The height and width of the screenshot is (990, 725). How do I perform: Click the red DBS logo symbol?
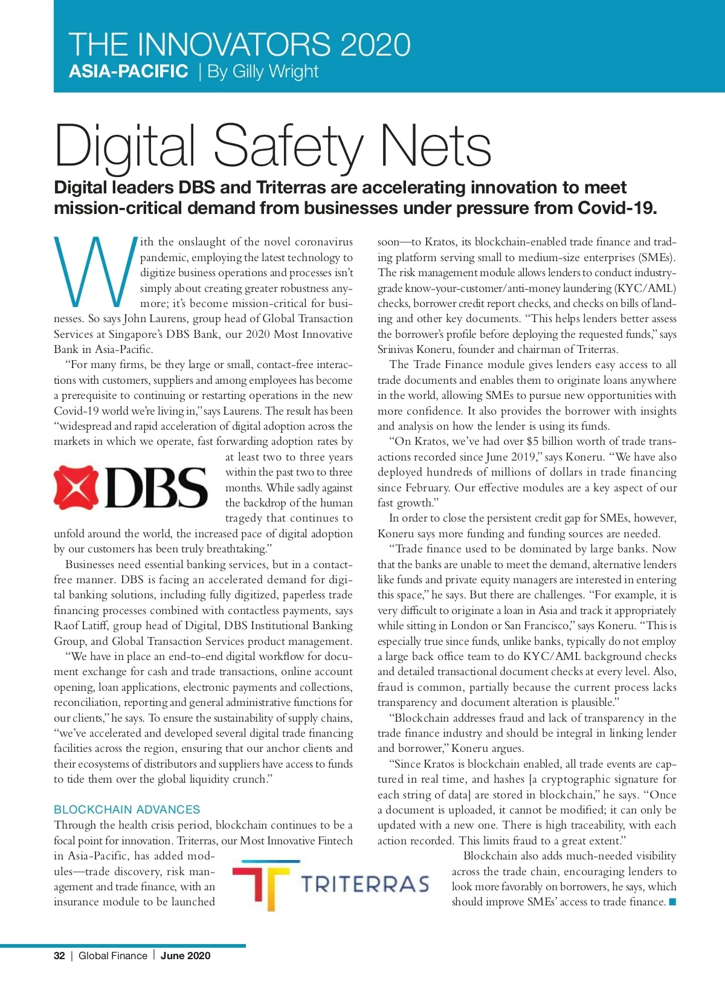click(x=76, y=487)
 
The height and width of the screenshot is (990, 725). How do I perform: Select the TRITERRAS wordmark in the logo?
click(x=366, y=885)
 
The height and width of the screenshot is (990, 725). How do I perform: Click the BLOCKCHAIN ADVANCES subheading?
click(x=127, y=809)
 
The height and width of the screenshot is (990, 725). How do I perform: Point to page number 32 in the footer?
click(x=59, y=956)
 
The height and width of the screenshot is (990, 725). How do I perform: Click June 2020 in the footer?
click(x=185, y=956)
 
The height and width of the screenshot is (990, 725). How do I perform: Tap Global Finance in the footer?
click(x=113, y=956)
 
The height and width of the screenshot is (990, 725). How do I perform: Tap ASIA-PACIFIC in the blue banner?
click(x=129, y=71)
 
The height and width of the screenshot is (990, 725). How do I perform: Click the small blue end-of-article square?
click(x=672, y=902)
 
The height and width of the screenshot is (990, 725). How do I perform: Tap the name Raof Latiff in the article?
click(x=81, y=626)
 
